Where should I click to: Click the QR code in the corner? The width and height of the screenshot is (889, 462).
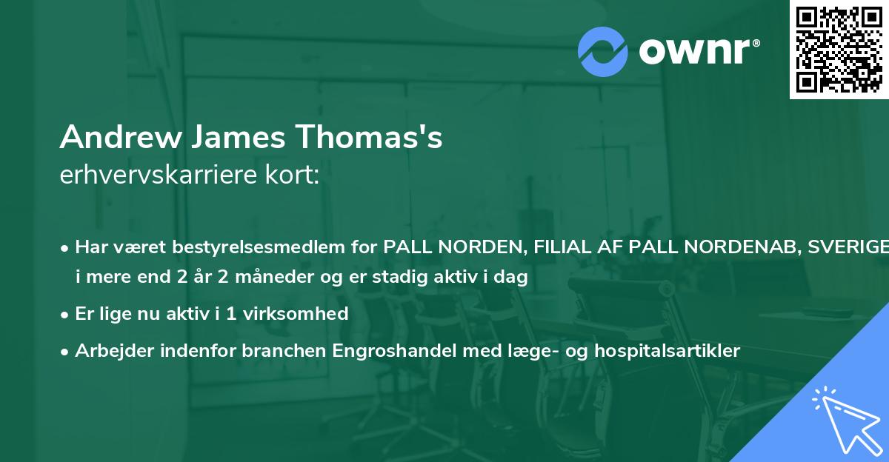coord(839,49)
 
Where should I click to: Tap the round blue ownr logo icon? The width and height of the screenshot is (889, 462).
coord(603,51)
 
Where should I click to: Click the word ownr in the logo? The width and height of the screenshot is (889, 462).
coord(699,51)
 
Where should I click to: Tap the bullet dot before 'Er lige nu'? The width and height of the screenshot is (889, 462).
coord(66,314)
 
